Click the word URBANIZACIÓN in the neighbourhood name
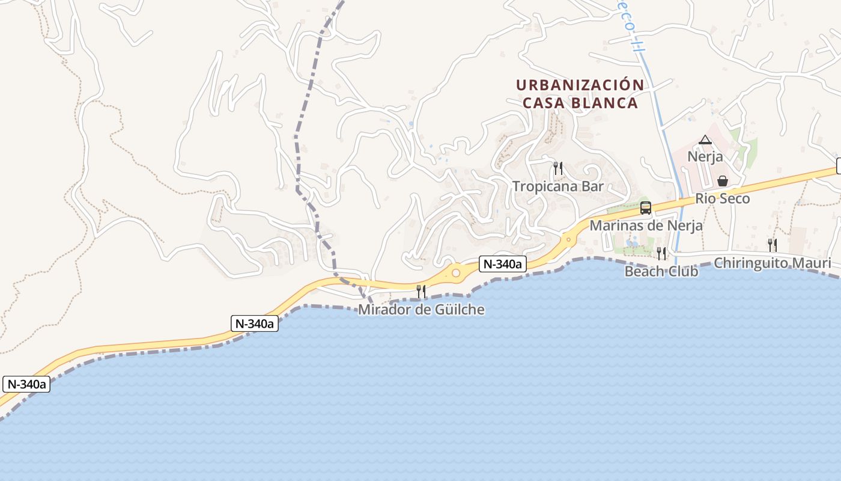(x=580, y=85)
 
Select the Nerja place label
(x=705, y=157)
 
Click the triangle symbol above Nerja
(x=705, y=140)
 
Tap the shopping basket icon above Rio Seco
(x=723, y=181)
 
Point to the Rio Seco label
(x=723, y=198)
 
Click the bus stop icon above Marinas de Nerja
(x=646, y=208)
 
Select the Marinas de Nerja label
(x=646, y=225)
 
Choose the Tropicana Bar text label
(x=557, y=186)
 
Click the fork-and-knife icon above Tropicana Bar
(x=558, y=168)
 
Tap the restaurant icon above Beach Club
(x=661, y=253)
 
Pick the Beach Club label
(x=661, y=271)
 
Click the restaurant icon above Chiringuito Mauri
(x=773, y=245)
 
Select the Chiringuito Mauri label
(x=773, y=263)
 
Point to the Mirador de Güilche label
(x=421, y=310)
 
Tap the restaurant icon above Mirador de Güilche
(x=421, y=292)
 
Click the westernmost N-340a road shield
(x=26, y=384)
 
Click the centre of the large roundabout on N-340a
(x=456, y=274)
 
